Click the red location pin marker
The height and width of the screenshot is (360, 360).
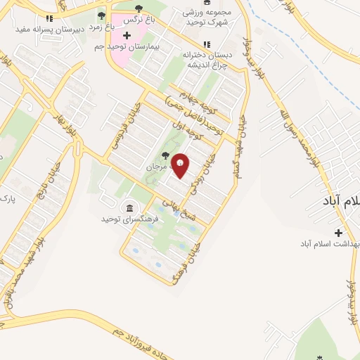[181, 165]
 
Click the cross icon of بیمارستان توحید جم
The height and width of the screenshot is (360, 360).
[127, 35]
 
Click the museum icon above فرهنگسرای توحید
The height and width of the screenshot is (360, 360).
[129, 207]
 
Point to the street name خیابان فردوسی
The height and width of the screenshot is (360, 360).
[124, 126]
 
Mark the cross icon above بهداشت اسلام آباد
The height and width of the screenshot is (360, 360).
[339, 232]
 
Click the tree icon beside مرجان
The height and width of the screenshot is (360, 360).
[165, 155]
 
